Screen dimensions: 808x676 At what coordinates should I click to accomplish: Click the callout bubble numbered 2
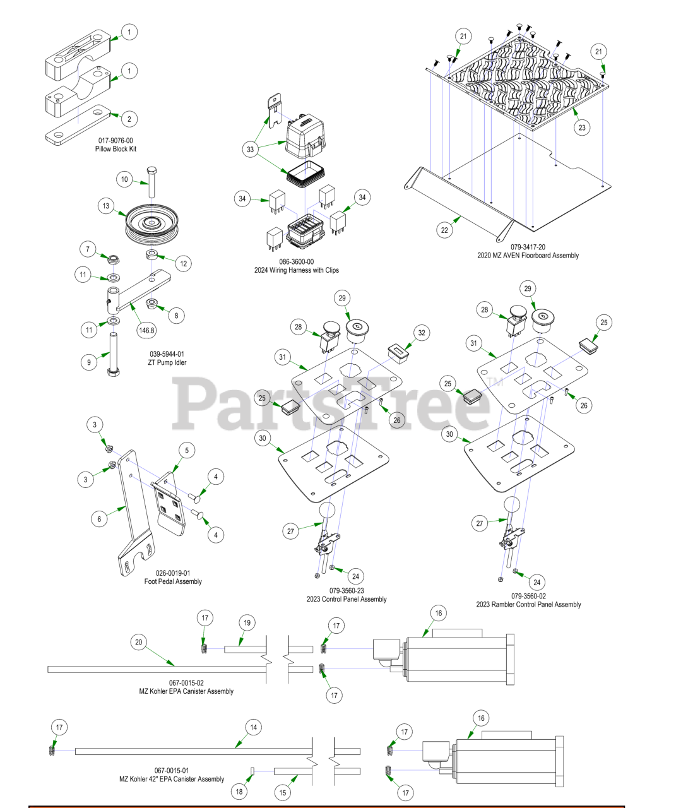[x=129, y=119]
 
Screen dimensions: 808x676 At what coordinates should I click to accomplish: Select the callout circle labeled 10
[x=124, y=179]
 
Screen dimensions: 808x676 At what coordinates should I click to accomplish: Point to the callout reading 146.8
[x=146, y=330]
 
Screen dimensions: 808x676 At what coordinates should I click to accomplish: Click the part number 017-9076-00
[x=116, y=140]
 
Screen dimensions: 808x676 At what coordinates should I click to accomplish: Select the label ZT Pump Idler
[x=167, y=363]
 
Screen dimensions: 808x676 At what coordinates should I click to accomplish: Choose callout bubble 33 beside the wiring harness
[x=251, y=150]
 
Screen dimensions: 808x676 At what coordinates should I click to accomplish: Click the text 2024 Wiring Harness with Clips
[x=296, y=270]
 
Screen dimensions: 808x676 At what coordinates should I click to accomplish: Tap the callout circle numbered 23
[x=582, y=128]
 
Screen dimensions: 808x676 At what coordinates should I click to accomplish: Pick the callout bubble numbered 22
[x=445, y=230]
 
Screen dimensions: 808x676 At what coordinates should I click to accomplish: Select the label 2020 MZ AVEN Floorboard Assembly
[x=528, y=256]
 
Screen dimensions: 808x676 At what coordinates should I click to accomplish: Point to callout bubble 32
[x=422, y=333]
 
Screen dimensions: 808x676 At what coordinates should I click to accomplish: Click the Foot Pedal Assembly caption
[x=173, y=582]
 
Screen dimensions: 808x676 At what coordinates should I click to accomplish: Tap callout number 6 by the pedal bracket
[x=99, y=519]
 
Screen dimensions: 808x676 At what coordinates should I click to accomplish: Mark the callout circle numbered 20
[x=138, y=643]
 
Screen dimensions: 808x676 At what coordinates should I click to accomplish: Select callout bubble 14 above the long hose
[x=253, y=727]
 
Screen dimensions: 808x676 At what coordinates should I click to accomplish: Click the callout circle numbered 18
[x=239, y=792]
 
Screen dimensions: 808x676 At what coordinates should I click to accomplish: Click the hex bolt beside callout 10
[x=151, y=182]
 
